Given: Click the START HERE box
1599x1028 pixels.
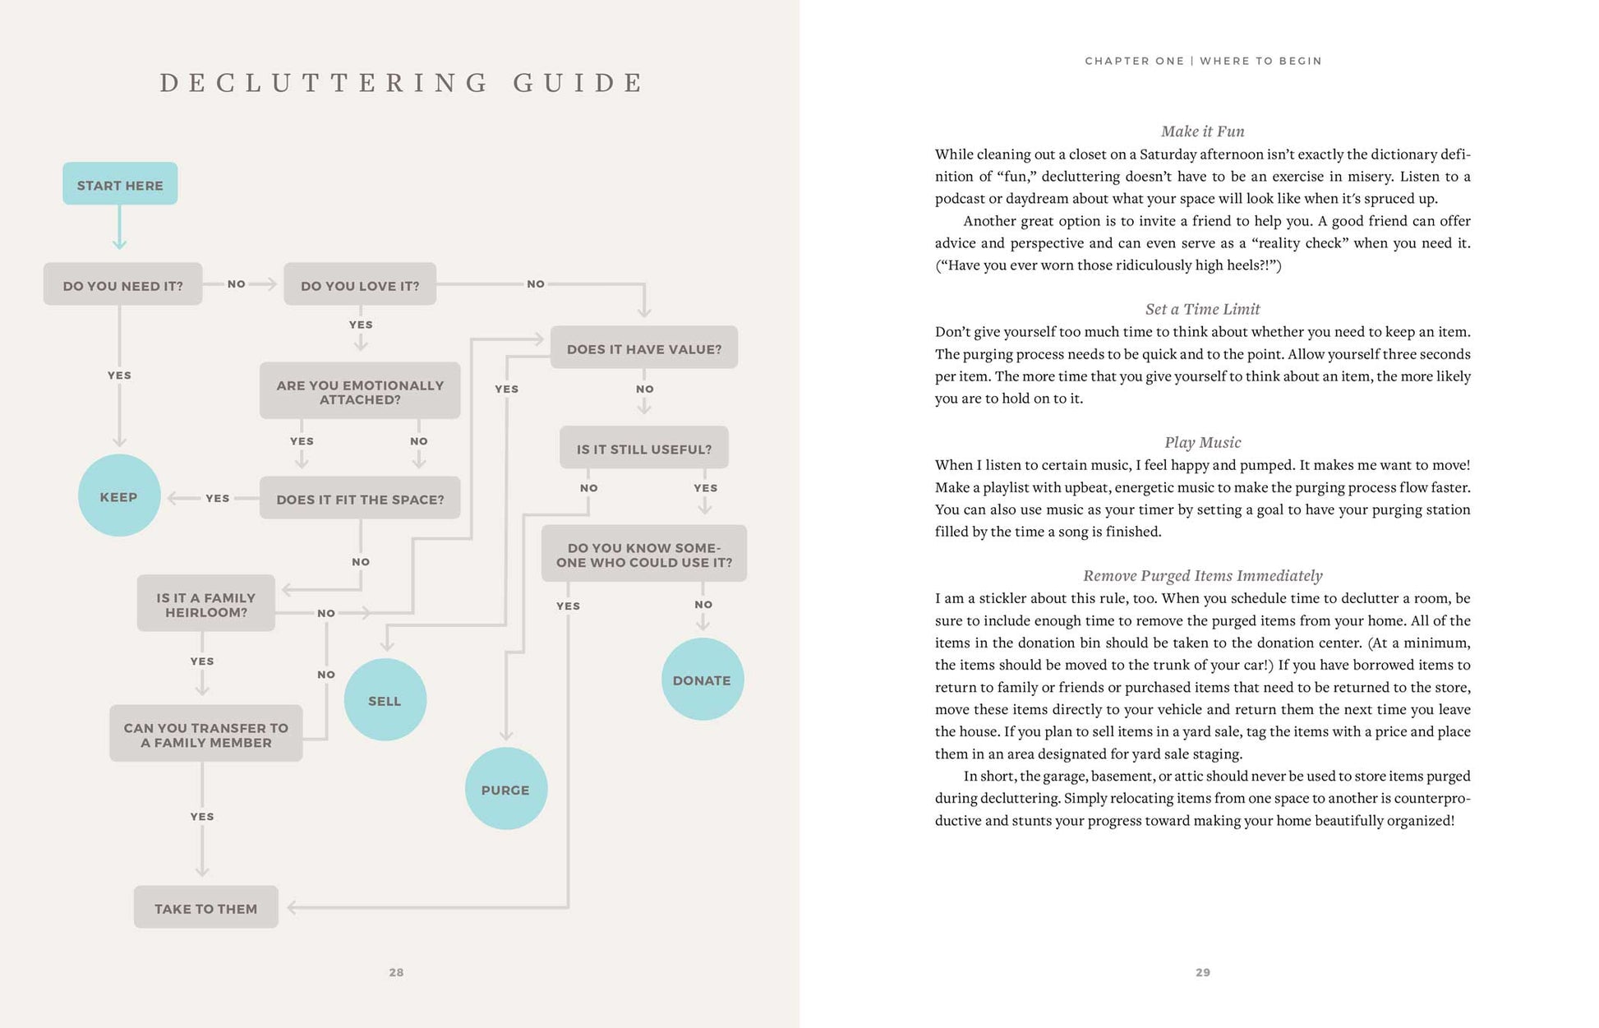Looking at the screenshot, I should click(x=120, y=184).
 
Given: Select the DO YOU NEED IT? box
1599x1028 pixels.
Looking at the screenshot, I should click(x=122, y=284).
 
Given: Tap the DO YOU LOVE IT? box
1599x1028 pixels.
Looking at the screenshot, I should click(x=360, y=284).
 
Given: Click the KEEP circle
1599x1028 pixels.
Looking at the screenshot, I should click(x=119, y=496).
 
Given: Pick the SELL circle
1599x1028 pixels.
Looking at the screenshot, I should click(x=385, y=699).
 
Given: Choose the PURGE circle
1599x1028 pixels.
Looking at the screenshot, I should click(x=505, y=788).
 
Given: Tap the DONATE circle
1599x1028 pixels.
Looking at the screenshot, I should click(x=702, y=680).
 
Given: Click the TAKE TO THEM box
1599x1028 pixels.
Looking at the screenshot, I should click(x=205, y=907).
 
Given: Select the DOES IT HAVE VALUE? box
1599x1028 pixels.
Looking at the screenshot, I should click(x=644, y=348).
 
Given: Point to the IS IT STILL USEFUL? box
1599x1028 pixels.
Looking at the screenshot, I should click(x=644, y=448).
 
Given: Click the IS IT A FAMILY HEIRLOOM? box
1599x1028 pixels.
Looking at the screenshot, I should click(x=205, y=603).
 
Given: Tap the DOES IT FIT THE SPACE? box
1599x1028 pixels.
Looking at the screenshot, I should click(x=360, y=498).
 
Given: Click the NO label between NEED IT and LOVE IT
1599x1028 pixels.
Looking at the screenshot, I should click(x=237, y=284).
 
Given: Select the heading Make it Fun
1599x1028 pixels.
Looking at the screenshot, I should click(x=1202, y=131).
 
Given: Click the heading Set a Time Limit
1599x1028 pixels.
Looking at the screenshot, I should click(x=1202, y=309).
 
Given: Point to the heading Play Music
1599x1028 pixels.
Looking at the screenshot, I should click(x=1202, y=442).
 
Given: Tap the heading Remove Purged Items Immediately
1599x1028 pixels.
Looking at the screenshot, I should click(x=1202, y=575).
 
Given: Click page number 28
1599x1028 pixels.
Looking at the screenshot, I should click(x=396, y=972).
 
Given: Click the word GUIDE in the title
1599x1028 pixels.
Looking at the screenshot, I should click(x=578, y=83).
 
